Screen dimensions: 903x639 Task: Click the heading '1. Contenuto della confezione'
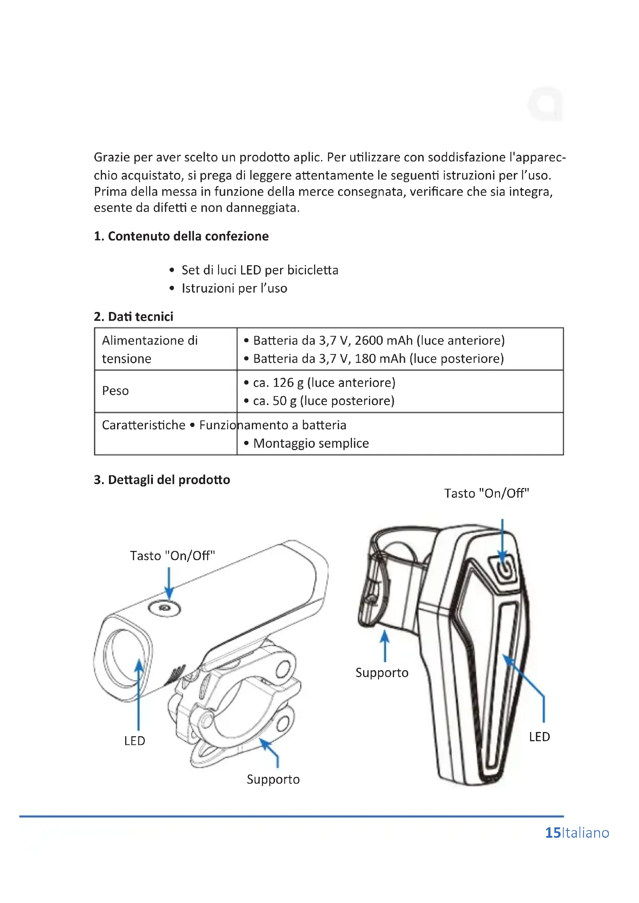click(181, 236)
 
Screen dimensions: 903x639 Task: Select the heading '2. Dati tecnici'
click(133, 317)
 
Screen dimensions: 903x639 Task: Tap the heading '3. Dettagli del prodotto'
click(162, 480)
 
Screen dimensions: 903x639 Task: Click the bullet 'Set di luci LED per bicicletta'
click(260, 270)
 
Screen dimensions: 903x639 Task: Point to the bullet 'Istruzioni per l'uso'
click(234, 288)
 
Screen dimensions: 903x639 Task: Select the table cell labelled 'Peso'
click(115, 391)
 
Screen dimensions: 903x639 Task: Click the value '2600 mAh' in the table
click(384, 341)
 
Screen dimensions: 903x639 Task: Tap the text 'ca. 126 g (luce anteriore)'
click(324, 383)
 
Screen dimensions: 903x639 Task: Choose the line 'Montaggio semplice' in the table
click(311, 443)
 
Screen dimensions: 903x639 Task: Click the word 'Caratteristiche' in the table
click(144, 425)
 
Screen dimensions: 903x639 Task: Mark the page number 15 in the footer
click(553, 833)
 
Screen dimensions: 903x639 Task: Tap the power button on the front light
click(165, 608)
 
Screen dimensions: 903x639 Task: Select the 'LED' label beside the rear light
click(539, 737)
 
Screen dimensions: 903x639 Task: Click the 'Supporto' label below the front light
click(273, 779)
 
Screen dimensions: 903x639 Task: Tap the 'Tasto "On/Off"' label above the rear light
click(486, 493)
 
